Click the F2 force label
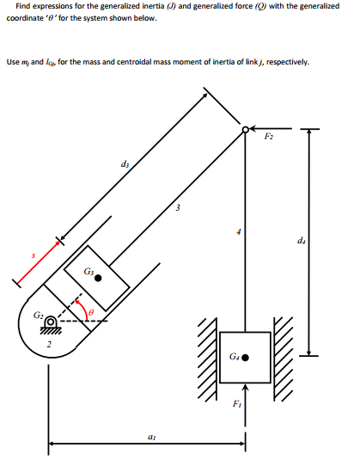pyautogui.click(x=269, y=138)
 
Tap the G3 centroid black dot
pyautogui.click(x=100, y=277)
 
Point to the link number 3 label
pyautogui.click(x=177, y=206)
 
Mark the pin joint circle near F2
pyautogui.click(x=246, y=130)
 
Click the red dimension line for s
pyautogui.click(x=37, y=261)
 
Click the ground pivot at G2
pyautogui.click(x=52, y=324)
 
